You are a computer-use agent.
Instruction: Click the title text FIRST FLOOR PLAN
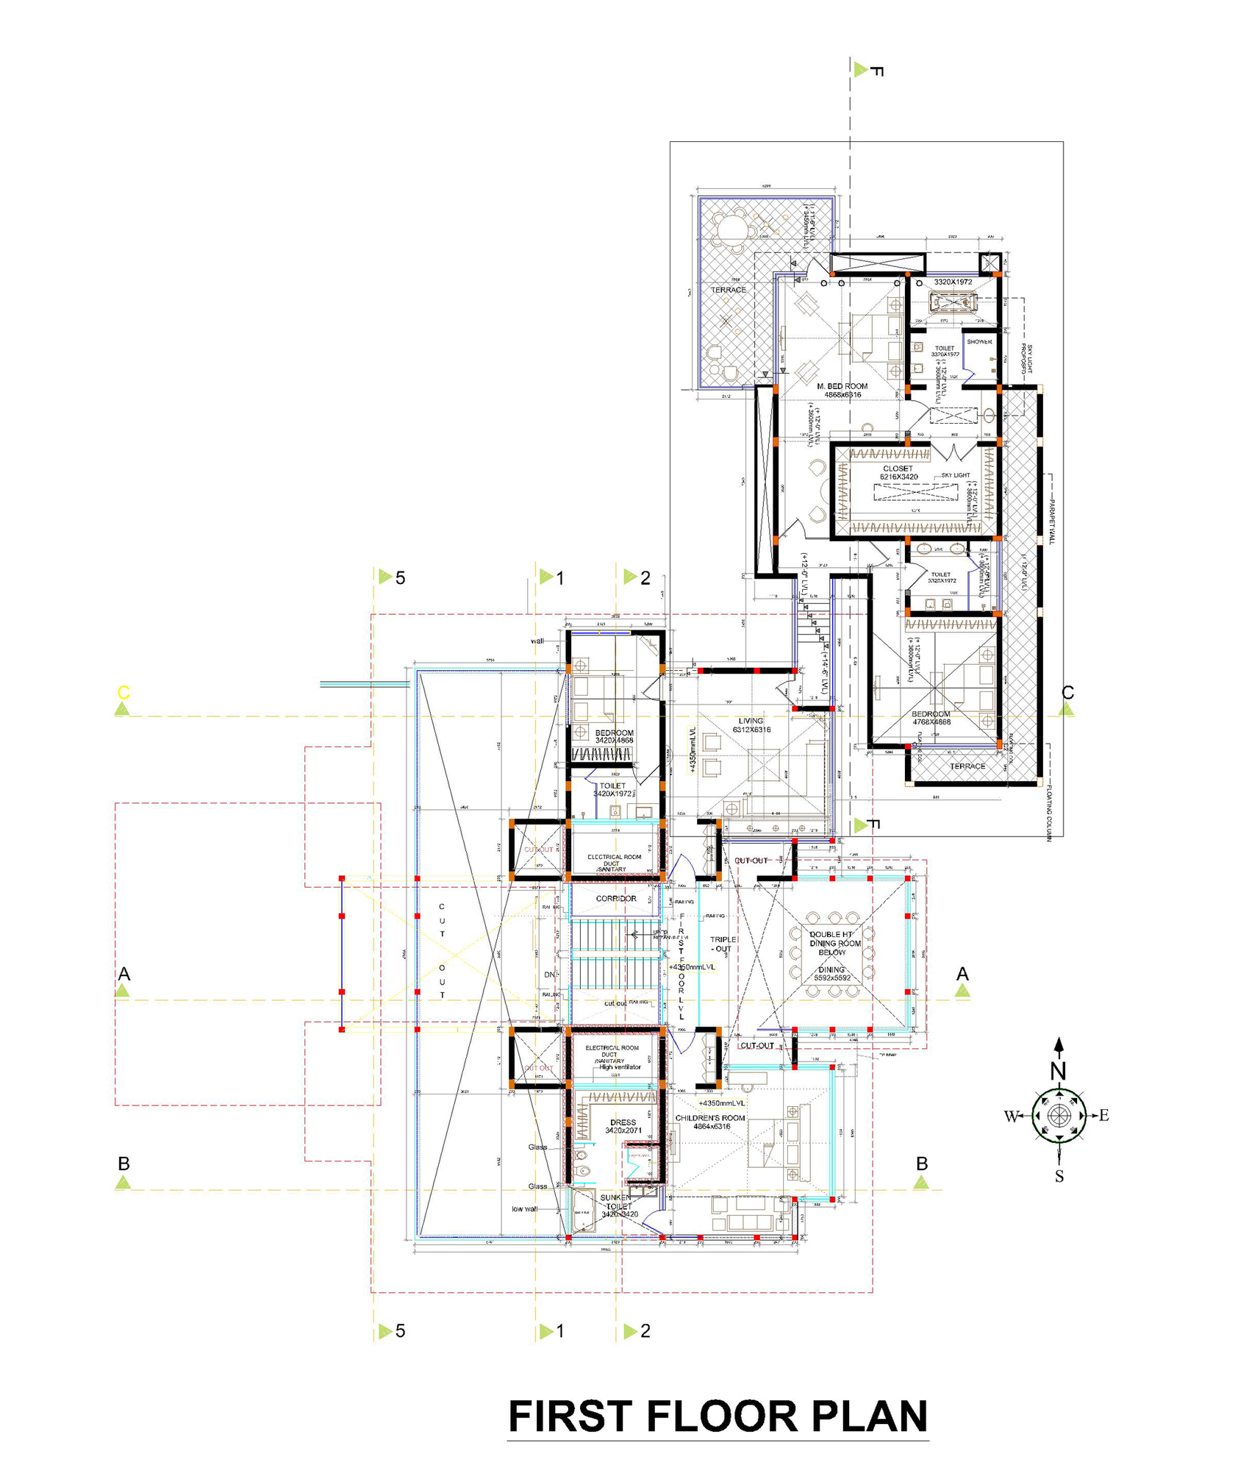[x=718, y=1416]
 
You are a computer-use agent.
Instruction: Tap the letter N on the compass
[x=1058, y=1071]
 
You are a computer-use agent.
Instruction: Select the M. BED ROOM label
[x=842, y=386]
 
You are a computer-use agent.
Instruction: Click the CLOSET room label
[x=898, y=469]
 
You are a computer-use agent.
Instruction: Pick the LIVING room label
[x=751, y=721]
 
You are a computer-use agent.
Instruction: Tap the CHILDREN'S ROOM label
[x=709, y=1118]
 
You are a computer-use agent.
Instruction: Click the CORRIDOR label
[x=616, y=899]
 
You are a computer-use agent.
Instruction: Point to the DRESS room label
[x=623, y=1122]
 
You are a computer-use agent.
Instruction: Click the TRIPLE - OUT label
[x=722, y=944]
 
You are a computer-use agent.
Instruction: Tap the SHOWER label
[x=979, y=342]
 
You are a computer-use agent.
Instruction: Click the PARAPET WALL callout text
[x=1051, y=521]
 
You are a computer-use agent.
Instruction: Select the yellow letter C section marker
[x=124, y=692]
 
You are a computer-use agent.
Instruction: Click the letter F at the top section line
[x=876, y=71]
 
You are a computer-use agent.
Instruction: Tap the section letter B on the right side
[x=922, y=1164]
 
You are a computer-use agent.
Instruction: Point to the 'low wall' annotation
[x=525, y=1209]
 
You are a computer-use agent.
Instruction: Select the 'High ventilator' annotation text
[x=620, y=1067]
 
